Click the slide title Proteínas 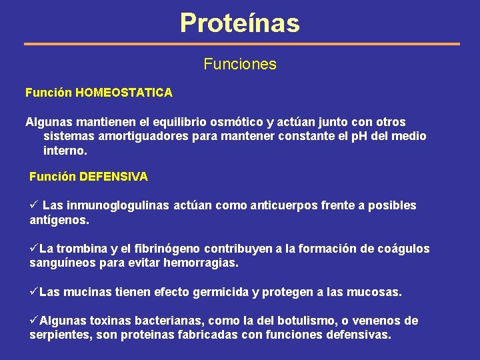pos(240,23)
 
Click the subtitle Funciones pos(240,65)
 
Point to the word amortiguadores pos(137,136)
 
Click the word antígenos pos(59,219)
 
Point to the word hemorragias pos(199,263)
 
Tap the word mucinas pos(88,293)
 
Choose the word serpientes pos(59,335)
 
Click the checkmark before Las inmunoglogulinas pos(35,205)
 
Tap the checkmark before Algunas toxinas pos(34,320)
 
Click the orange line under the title pos(242,44)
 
